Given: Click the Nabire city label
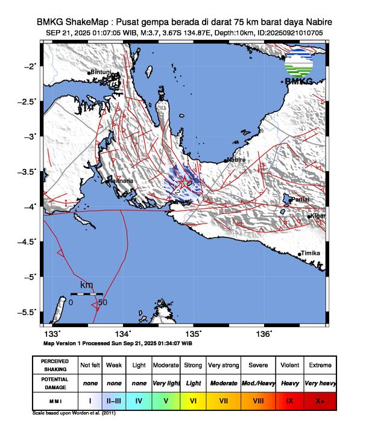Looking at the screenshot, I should (236, 160).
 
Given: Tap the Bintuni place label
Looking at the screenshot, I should (101, 72).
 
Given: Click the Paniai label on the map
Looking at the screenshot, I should (300, 199).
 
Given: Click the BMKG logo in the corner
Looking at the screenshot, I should (298, 67).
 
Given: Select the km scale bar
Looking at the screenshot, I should (86, 294).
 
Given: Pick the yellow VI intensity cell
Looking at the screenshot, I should (193, 399).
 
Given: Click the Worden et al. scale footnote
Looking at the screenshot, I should (73, 414).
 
